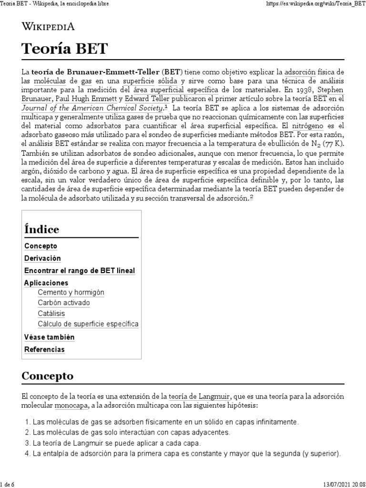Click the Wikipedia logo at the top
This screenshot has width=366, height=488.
(x=48, y=27)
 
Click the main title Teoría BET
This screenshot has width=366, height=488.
(x=65, y=49)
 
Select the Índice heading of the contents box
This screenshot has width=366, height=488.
(x=41, y=229)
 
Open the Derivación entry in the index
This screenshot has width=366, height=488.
(x=42, y=258)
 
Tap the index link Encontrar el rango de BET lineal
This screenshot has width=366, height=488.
(x=80, y=270)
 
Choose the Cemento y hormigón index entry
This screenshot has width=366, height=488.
(x=71, y=292)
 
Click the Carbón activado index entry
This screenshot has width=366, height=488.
(x=63, y=303)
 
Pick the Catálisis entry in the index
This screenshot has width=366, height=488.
(x=51, y=313)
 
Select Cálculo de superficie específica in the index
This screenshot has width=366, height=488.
(x=88, y=324)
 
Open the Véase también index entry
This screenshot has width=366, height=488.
(x=49, y=337)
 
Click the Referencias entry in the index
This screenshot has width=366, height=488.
(x=44, y=349)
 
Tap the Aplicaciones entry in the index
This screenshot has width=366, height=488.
(x=46, y=283)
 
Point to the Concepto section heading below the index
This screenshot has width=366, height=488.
(x=48, y=376)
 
